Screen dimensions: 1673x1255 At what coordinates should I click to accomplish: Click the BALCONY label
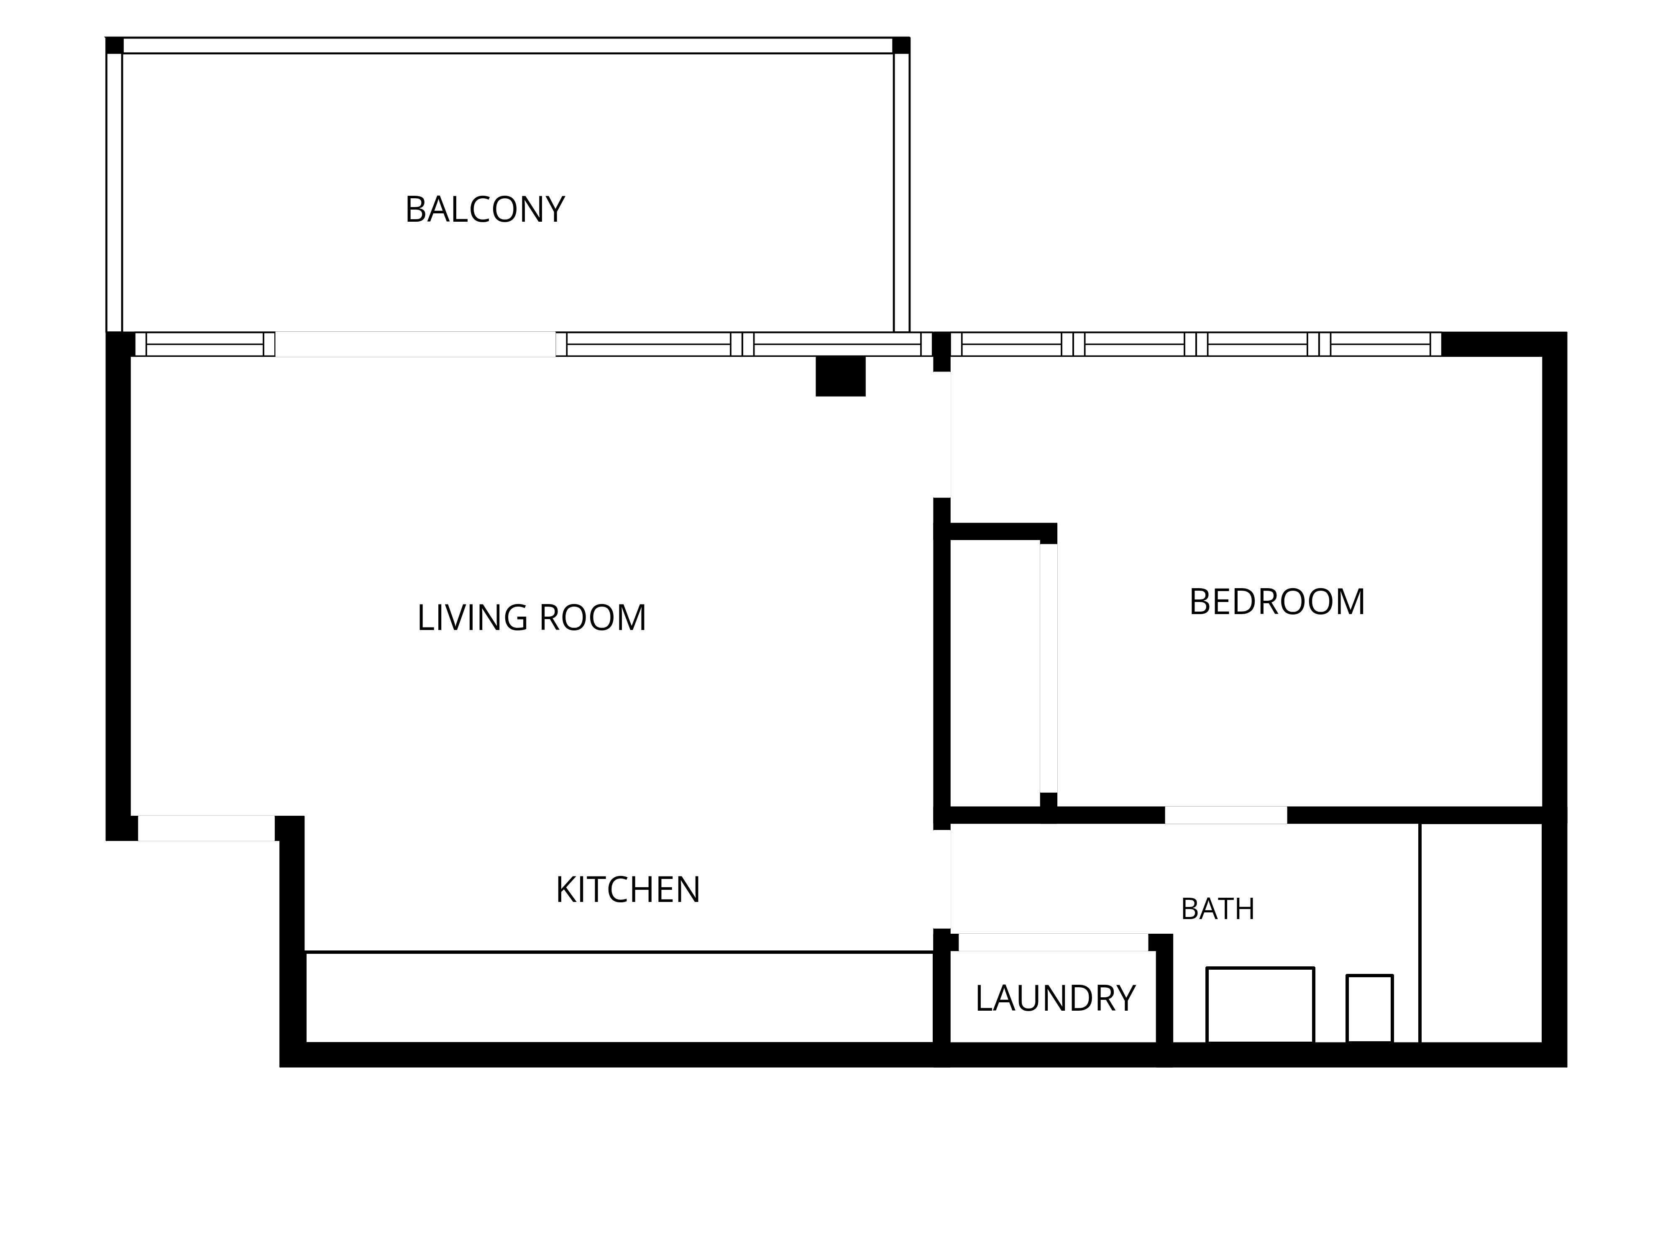click(x=485, y=210)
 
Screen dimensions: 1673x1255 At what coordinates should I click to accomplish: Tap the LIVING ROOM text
click(x=532, y=617)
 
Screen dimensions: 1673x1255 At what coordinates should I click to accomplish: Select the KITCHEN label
click(x=628, y=890)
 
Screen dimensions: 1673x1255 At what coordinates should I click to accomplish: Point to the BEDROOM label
click(x=1276, y=602)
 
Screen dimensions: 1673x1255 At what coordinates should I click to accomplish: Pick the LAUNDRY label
click(x=1055, y=999)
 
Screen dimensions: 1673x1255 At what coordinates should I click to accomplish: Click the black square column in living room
click(x=840, y=376)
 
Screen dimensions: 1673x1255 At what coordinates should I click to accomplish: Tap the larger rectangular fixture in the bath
click(x=1260, y=1004)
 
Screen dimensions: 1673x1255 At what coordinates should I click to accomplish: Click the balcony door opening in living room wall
click(x=415, y=344)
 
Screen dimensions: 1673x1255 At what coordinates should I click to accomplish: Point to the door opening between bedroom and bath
click(x=1226, y=815)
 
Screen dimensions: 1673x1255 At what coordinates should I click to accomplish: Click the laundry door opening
click(x=1054, y=942)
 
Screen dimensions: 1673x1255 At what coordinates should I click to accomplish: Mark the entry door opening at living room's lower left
click(x=206, y=828)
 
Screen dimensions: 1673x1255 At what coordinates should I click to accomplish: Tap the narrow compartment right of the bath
click(x=1481, y=933)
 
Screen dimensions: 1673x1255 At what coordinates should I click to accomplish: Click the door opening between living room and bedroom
click(x=941, y=435)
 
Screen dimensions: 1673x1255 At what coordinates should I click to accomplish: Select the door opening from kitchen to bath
click(x=941, y=879)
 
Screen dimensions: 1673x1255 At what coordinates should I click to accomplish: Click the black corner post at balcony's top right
click(x=901, y=45)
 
